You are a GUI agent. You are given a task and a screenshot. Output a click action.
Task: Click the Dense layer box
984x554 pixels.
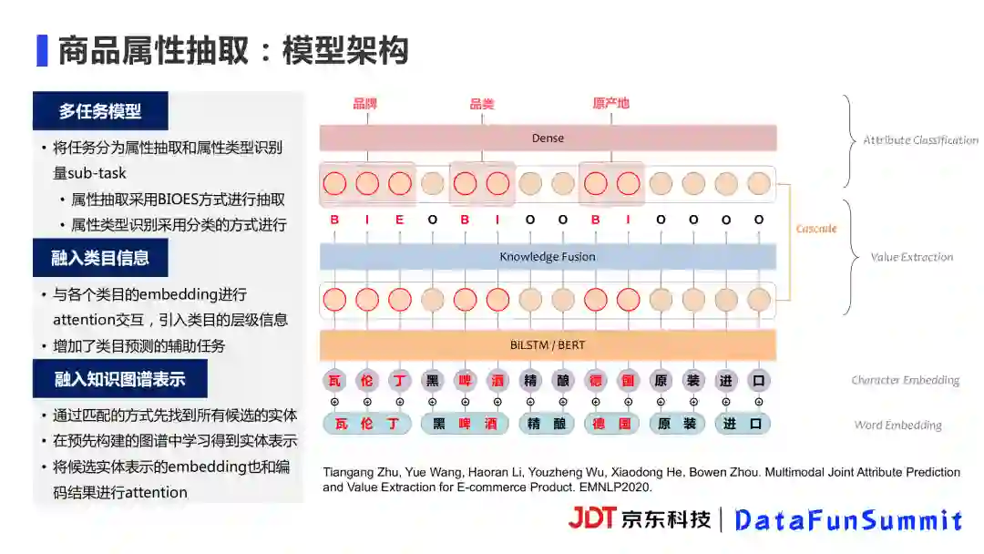tap(548, 138)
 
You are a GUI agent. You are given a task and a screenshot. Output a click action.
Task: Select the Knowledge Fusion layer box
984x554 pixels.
tap(548, 257)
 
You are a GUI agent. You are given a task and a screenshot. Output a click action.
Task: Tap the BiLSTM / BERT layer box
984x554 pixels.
tap(548, 346)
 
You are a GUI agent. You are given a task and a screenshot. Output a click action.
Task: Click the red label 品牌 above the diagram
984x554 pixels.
tap(365, 103)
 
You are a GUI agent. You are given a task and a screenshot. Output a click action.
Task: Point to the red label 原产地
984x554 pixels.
tap(610, 103)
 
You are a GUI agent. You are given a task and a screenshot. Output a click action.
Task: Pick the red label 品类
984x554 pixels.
tap(481, 104)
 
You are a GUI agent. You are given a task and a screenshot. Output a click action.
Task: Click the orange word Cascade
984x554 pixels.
tap(816, 229)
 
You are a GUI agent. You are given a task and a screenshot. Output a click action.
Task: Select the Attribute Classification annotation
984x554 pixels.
tap(920, 140)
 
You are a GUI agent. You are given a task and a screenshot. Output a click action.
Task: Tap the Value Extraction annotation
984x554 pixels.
tap(912, 258)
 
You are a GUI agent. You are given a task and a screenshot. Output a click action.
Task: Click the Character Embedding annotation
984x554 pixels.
tap(905, 380)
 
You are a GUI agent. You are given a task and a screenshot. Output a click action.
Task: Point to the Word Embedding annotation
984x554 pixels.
tap(897, 425)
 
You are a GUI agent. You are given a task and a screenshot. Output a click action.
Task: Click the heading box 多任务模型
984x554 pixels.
tap(100, 111)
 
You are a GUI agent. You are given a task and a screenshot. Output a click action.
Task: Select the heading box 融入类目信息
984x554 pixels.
tap(100, 258)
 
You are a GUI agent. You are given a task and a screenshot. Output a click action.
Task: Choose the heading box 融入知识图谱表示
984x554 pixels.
tap(120, 379)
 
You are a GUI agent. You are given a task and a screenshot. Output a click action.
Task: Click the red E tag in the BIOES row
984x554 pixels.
tap(400, 220)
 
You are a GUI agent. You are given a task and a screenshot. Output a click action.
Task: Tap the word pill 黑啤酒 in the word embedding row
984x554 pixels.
tap(465, 424)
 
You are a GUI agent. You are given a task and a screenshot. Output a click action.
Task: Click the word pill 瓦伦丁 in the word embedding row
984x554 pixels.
tap(367, 424)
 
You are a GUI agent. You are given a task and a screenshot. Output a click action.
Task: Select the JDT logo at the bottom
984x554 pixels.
tap(592, 518)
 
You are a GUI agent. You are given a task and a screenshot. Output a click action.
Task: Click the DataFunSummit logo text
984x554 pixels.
tap(848, 520)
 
